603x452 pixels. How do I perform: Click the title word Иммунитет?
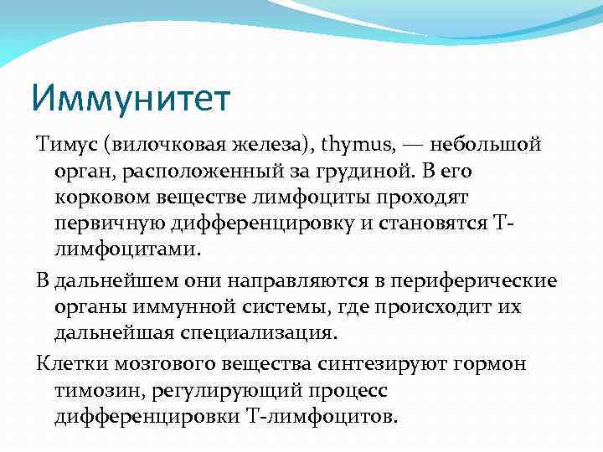point(131,98)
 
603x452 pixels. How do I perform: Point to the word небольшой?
point(487,145)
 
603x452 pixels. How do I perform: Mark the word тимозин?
point(91,390)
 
